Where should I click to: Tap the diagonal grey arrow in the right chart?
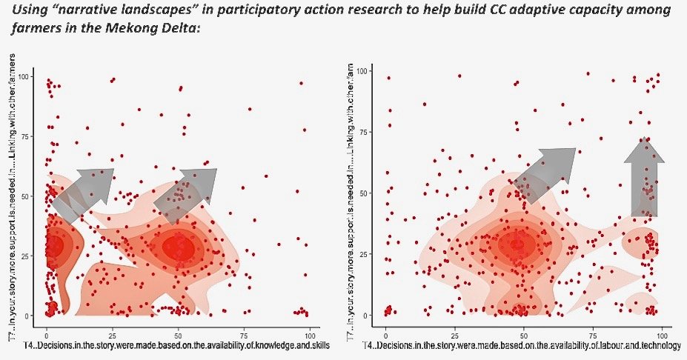(545, 173)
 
